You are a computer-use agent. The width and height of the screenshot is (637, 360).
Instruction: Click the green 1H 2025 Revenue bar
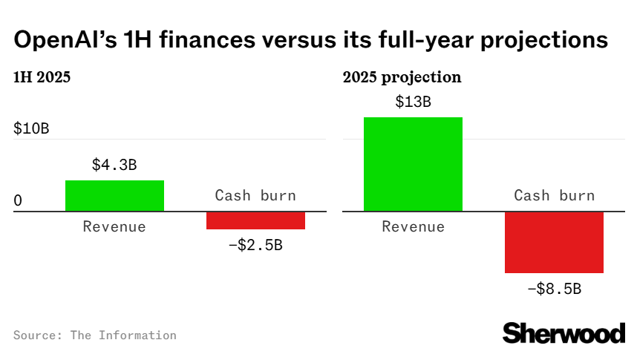click(x=114, y=196)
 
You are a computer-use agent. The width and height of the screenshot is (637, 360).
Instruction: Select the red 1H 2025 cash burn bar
click(x=255, y=220)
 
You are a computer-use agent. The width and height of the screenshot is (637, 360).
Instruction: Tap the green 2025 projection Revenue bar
click(x=413, y=164)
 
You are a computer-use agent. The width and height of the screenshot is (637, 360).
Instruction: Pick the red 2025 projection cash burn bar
click(x=554, y=243)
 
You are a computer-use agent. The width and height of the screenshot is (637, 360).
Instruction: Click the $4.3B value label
click(x=114, y=166)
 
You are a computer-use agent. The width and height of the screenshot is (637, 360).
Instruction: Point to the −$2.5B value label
click(x=255, y=244)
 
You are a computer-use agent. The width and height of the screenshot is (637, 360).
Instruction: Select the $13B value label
click(x=413, y=102)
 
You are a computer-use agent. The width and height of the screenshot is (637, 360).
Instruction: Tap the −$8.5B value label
click(x=554, y=289)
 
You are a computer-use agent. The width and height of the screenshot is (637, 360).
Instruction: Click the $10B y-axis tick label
click(x=31, y=128)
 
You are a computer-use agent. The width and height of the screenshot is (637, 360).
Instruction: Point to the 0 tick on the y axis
click(x=18, y=201)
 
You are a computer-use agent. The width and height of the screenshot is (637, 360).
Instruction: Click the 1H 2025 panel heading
click(x=42, y=77)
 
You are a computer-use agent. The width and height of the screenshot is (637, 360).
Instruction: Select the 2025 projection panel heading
click(x=402, y=77)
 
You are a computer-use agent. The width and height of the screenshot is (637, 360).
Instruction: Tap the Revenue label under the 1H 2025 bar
click(x=114, y=226)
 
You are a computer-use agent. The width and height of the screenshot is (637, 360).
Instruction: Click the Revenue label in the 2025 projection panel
click(x=413, y=226)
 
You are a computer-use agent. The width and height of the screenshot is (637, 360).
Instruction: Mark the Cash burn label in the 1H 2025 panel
click(x=255, y=196)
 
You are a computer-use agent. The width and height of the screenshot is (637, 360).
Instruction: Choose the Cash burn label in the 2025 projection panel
click(x=554, y=196)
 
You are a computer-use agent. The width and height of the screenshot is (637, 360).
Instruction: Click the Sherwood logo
click(x=563, y=333)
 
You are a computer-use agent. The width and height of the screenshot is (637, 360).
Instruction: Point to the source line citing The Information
click(x=95, y=336)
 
